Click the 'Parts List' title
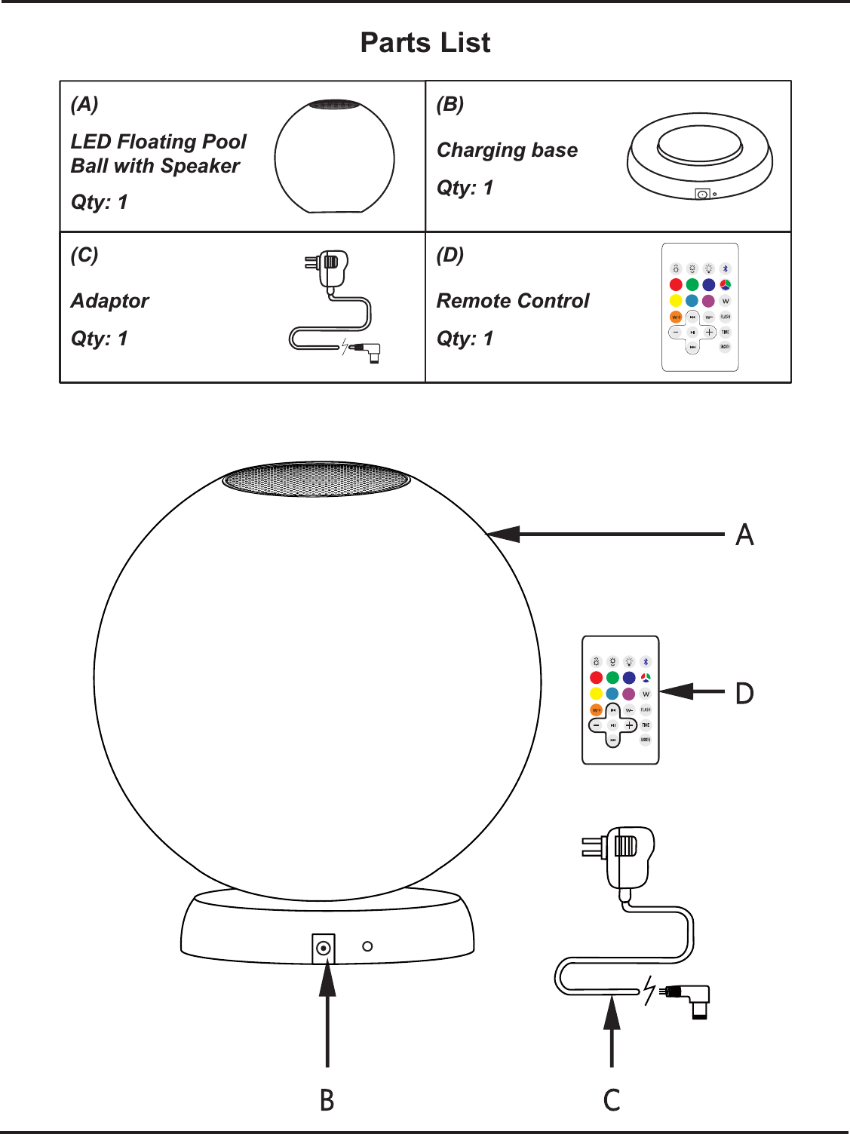(425, 43)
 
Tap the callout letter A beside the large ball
(744, 535)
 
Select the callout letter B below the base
(327, 1100)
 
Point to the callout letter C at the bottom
(612, 1100)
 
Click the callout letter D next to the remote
(744, 693)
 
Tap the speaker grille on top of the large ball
(316, 480)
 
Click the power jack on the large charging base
(324, 948)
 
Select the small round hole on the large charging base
(367, 946)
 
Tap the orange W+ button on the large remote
(596, 710)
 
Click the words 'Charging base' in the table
(507, 150)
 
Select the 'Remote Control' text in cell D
(513, 301)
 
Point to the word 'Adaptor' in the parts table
(110, 301)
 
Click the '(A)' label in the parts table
(84, 104)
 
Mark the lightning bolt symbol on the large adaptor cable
(649, 990)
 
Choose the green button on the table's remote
(692, 284)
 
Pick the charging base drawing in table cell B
(699, 157)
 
